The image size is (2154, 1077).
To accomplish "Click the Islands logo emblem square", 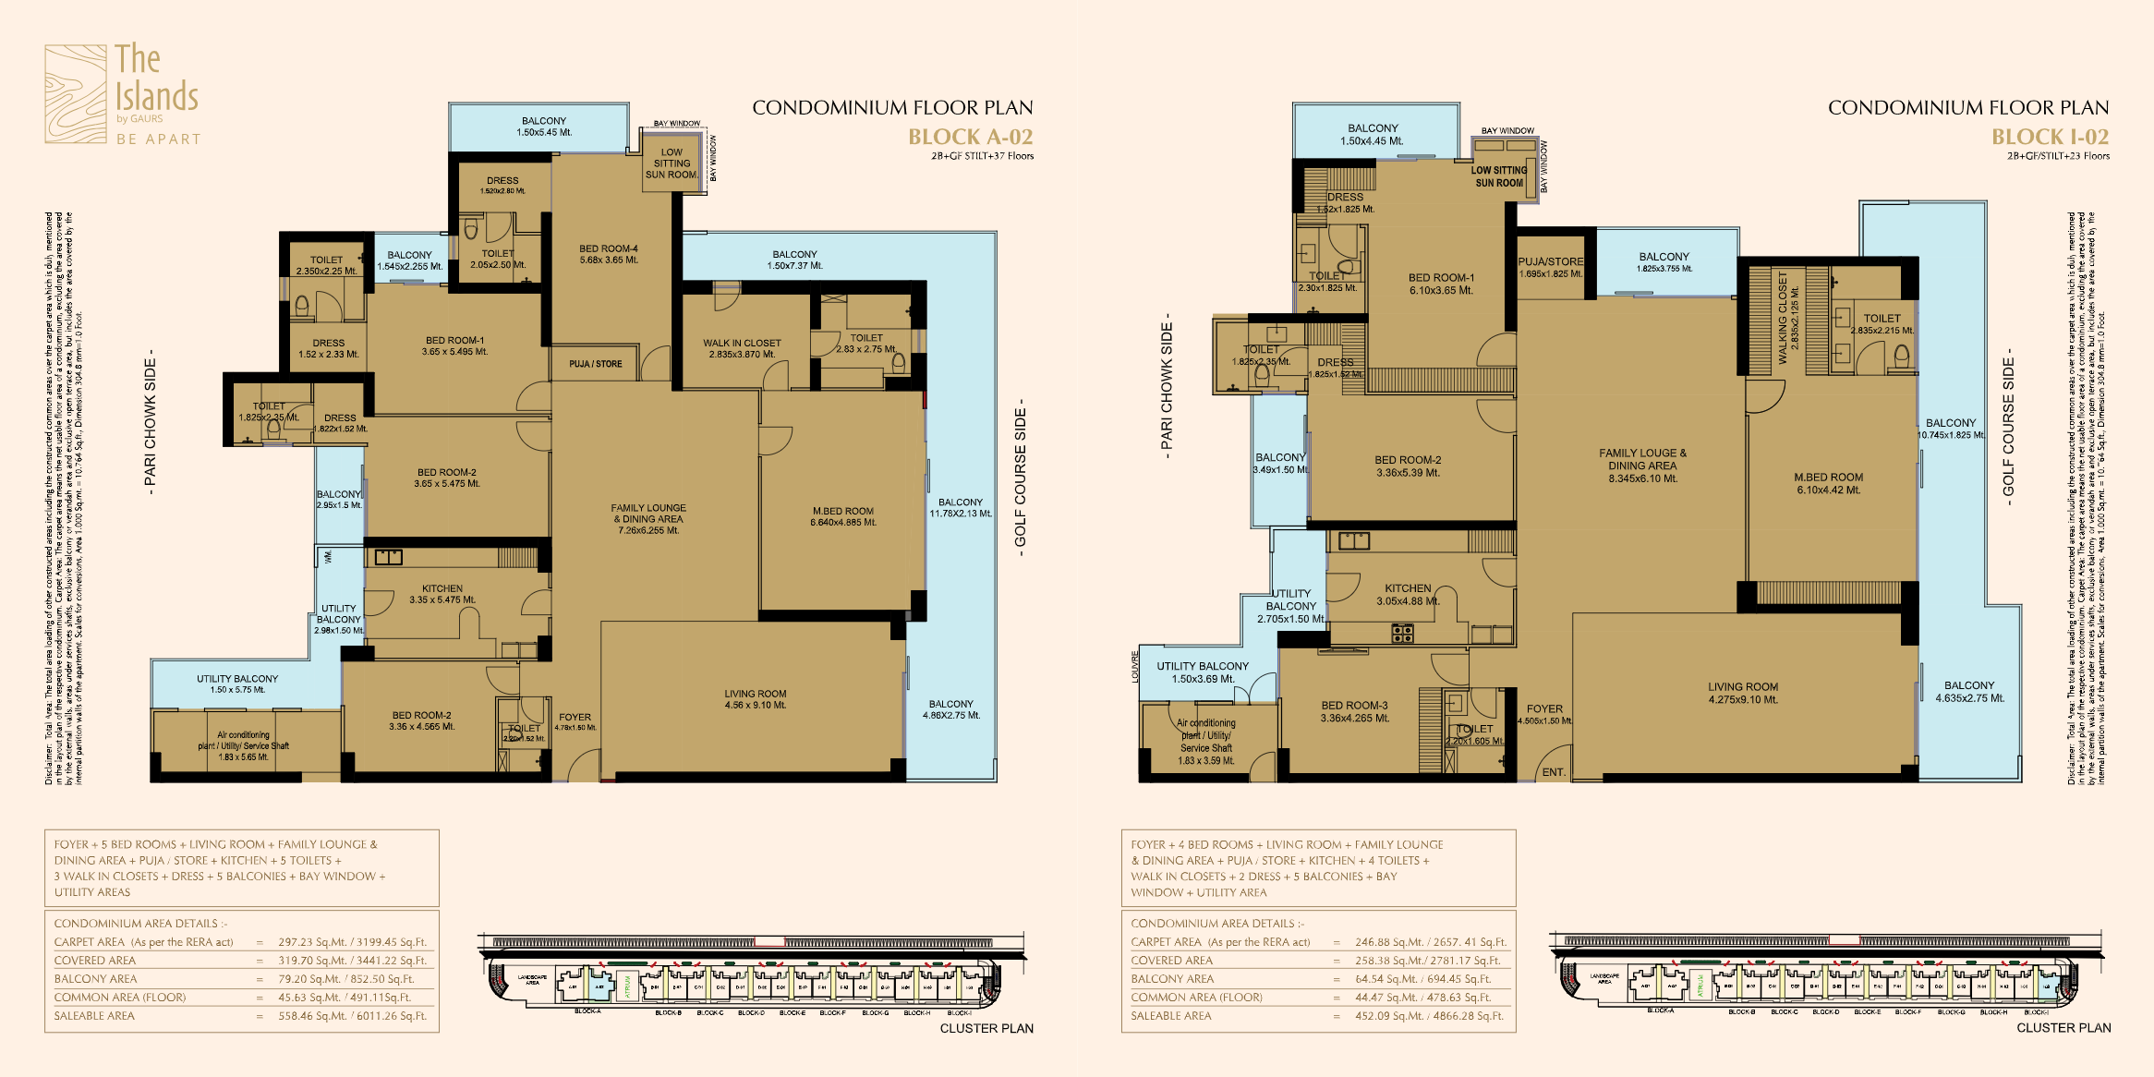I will (x=76, y=94).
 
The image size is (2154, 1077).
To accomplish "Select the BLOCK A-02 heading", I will (x=970, y=137).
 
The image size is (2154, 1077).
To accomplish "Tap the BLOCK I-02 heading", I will (x=2050, y=137).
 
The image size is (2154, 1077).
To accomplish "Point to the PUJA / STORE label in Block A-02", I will (x=596, y=364).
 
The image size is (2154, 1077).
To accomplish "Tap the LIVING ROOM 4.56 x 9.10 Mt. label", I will (x=756, y=699).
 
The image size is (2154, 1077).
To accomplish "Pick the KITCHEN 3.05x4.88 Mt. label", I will (x=1408, y=594).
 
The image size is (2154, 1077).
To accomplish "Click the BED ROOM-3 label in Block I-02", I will (x=1354, y=711).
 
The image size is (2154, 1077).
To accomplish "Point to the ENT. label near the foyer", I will (x=1554, y=772).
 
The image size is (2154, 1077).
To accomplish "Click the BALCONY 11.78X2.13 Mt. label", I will (x=961, y=508).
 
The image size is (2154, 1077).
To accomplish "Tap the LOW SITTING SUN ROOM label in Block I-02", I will (x=1498, y=176).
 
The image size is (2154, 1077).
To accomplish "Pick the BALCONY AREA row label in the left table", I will (x=95, y=979).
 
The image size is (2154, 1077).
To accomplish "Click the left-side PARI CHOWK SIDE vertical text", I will (x=150, y=422).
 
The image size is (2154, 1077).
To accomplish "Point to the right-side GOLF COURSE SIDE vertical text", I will (x=2008, y=427).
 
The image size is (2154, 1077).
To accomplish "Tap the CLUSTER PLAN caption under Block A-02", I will (x=986, y=1028).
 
